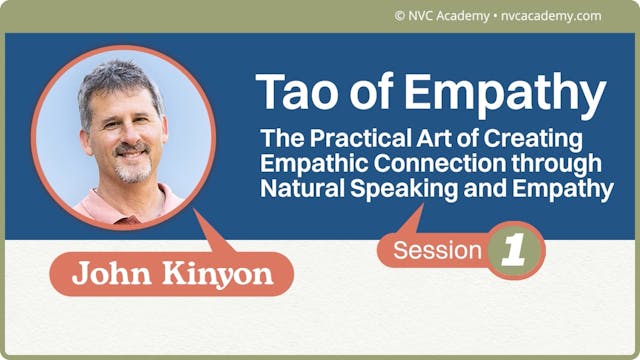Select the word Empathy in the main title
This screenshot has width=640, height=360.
coord(504,94)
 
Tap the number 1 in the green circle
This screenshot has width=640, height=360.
coord(514,251)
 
